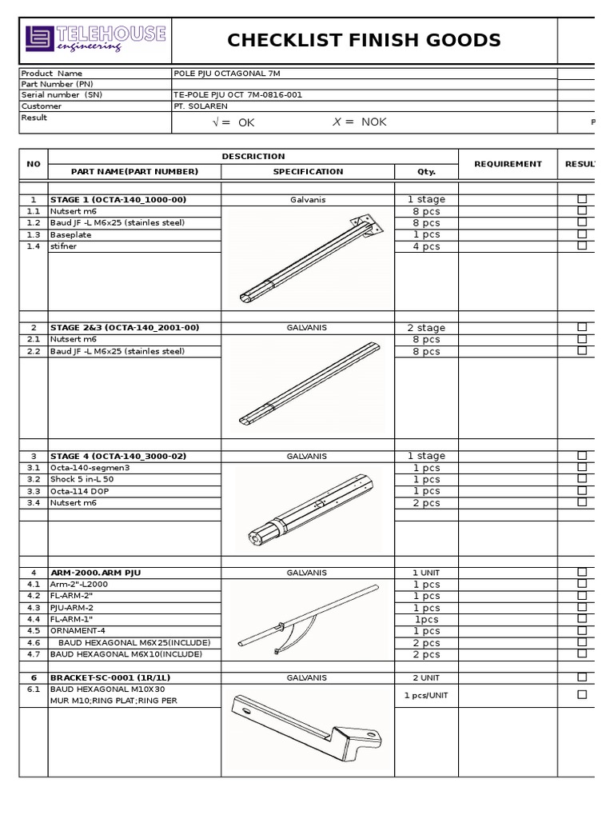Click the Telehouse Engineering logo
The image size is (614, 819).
click(95, 39)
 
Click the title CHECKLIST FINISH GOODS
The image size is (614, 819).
click(364, 41)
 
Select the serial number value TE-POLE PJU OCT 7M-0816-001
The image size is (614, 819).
click(237, 94)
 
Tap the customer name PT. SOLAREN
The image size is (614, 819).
click(200, 106)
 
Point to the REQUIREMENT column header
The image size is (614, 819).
click(508, 164)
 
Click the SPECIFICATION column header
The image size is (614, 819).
click(308, 171)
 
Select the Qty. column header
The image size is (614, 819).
click(426, 171)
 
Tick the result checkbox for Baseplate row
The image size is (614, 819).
click(582, 234)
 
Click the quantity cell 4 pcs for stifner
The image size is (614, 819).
click(426, 246)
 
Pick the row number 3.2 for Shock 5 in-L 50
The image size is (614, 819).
click(34, 479)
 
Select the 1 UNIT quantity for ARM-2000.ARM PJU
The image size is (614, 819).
click(426, 573)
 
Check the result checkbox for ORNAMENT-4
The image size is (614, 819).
click(582, 630)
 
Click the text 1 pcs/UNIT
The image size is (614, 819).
click(426, 695)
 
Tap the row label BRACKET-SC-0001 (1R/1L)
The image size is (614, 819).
click(111, 677)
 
